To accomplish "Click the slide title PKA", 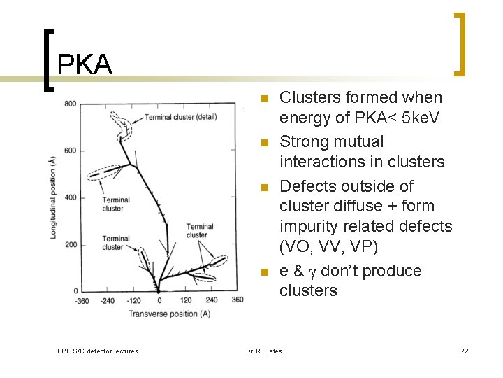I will [x=85, y=64].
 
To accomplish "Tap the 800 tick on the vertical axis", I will [x=71, y=104].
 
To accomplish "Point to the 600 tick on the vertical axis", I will [x=71, y=150].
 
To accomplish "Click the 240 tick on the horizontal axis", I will [x=212, y=300].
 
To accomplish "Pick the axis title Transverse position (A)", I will [x=169, y=314].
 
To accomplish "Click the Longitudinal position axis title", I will [x=54, y=198].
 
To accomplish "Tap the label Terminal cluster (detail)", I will [x=180, y=117].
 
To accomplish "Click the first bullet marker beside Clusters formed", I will [x=264, y=99].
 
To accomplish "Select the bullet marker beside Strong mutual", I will [x=264, y=143].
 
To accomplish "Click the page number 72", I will [x=465, y=351].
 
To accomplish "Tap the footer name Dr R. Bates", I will [x=263, y=351].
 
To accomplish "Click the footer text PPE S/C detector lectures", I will [x=97, y=351].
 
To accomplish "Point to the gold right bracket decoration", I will [x=460, y=43].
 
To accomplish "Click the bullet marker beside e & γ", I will [x=264, y=272].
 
